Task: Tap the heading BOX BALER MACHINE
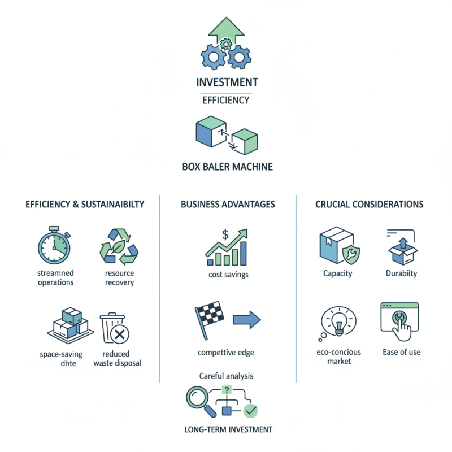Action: (x=228, y=167)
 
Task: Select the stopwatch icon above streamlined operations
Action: (x=54, y=245)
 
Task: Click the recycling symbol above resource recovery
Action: (x=119, y=247)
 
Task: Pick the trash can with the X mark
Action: (x=115, y=328)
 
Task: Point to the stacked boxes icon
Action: (x=71, y=325)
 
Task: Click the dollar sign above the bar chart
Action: (x=225, y=234)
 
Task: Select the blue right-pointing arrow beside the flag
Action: (x=247, y=320)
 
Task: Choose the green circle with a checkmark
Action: (x=250, y=411)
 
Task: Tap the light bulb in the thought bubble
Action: (x=339, y=322)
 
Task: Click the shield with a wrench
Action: (x=351, y=255)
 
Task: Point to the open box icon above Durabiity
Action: (x=403, y=251)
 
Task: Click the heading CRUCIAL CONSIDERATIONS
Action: (x=370, y=205)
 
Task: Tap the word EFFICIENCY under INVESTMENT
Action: (x=225, y=101)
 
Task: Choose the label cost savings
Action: (x=228, y=275)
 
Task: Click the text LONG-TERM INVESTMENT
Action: (x=228, y=429)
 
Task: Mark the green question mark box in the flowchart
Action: (x=227, y=390)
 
